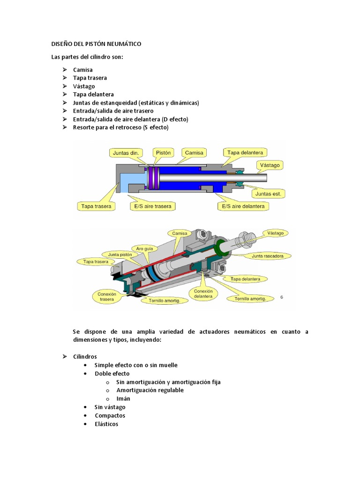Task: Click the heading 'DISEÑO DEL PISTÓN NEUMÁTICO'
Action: click(96, 44)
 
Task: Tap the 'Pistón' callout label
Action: click(163, 152)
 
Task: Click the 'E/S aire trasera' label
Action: click(152, 206)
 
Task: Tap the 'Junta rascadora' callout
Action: click(270, 256)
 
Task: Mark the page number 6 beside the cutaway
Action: click(282, 297)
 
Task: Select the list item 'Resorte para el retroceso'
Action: click(120, 127)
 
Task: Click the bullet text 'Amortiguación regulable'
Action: click(150, 390)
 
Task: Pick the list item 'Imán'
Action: click(123, 398)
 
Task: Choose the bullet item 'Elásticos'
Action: click(106, 424)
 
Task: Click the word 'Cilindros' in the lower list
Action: click(85, 356)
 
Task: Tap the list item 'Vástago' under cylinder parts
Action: click(84, 86)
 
